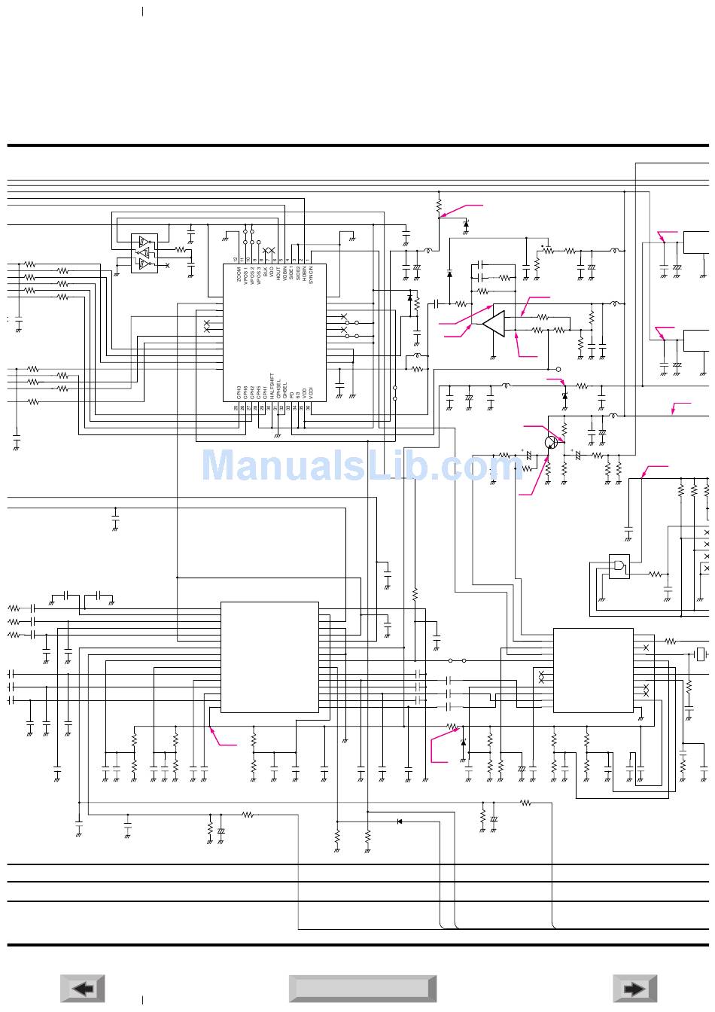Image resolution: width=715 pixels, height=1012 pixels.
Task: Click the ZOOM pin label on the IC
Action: (239, 274)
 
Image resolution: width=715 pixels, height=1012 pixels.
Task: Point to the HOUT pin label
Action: (278, 274)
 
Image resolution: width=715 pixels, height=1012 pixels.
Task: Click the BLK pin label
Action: (265, 273)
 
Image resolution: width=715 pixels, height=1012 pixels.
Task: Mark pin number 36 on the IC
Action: (309, 407)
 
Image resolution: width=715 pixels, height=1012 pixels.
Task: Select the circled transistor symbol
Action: (552, 443)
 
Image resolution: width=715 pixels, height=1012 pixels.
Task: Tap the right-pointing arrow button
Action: (634, 989)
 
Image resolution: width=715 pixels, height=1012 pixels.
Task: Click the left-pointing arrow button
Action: (83, 989)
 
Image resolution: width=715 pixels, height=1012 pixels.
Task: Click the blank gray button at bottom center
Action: (362, 989)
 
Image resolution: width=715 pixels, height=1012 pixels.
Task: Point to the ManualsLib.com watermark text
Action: (361, 465)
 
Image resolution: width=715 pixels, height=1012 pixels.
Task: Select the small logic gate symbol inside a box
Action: (619, 566)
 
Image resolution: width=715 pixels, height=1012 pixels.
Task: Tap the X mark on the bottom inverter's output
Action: (167, 265)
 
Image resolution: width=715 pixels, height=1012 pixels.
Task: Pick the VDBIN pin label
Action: (285, 273)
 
